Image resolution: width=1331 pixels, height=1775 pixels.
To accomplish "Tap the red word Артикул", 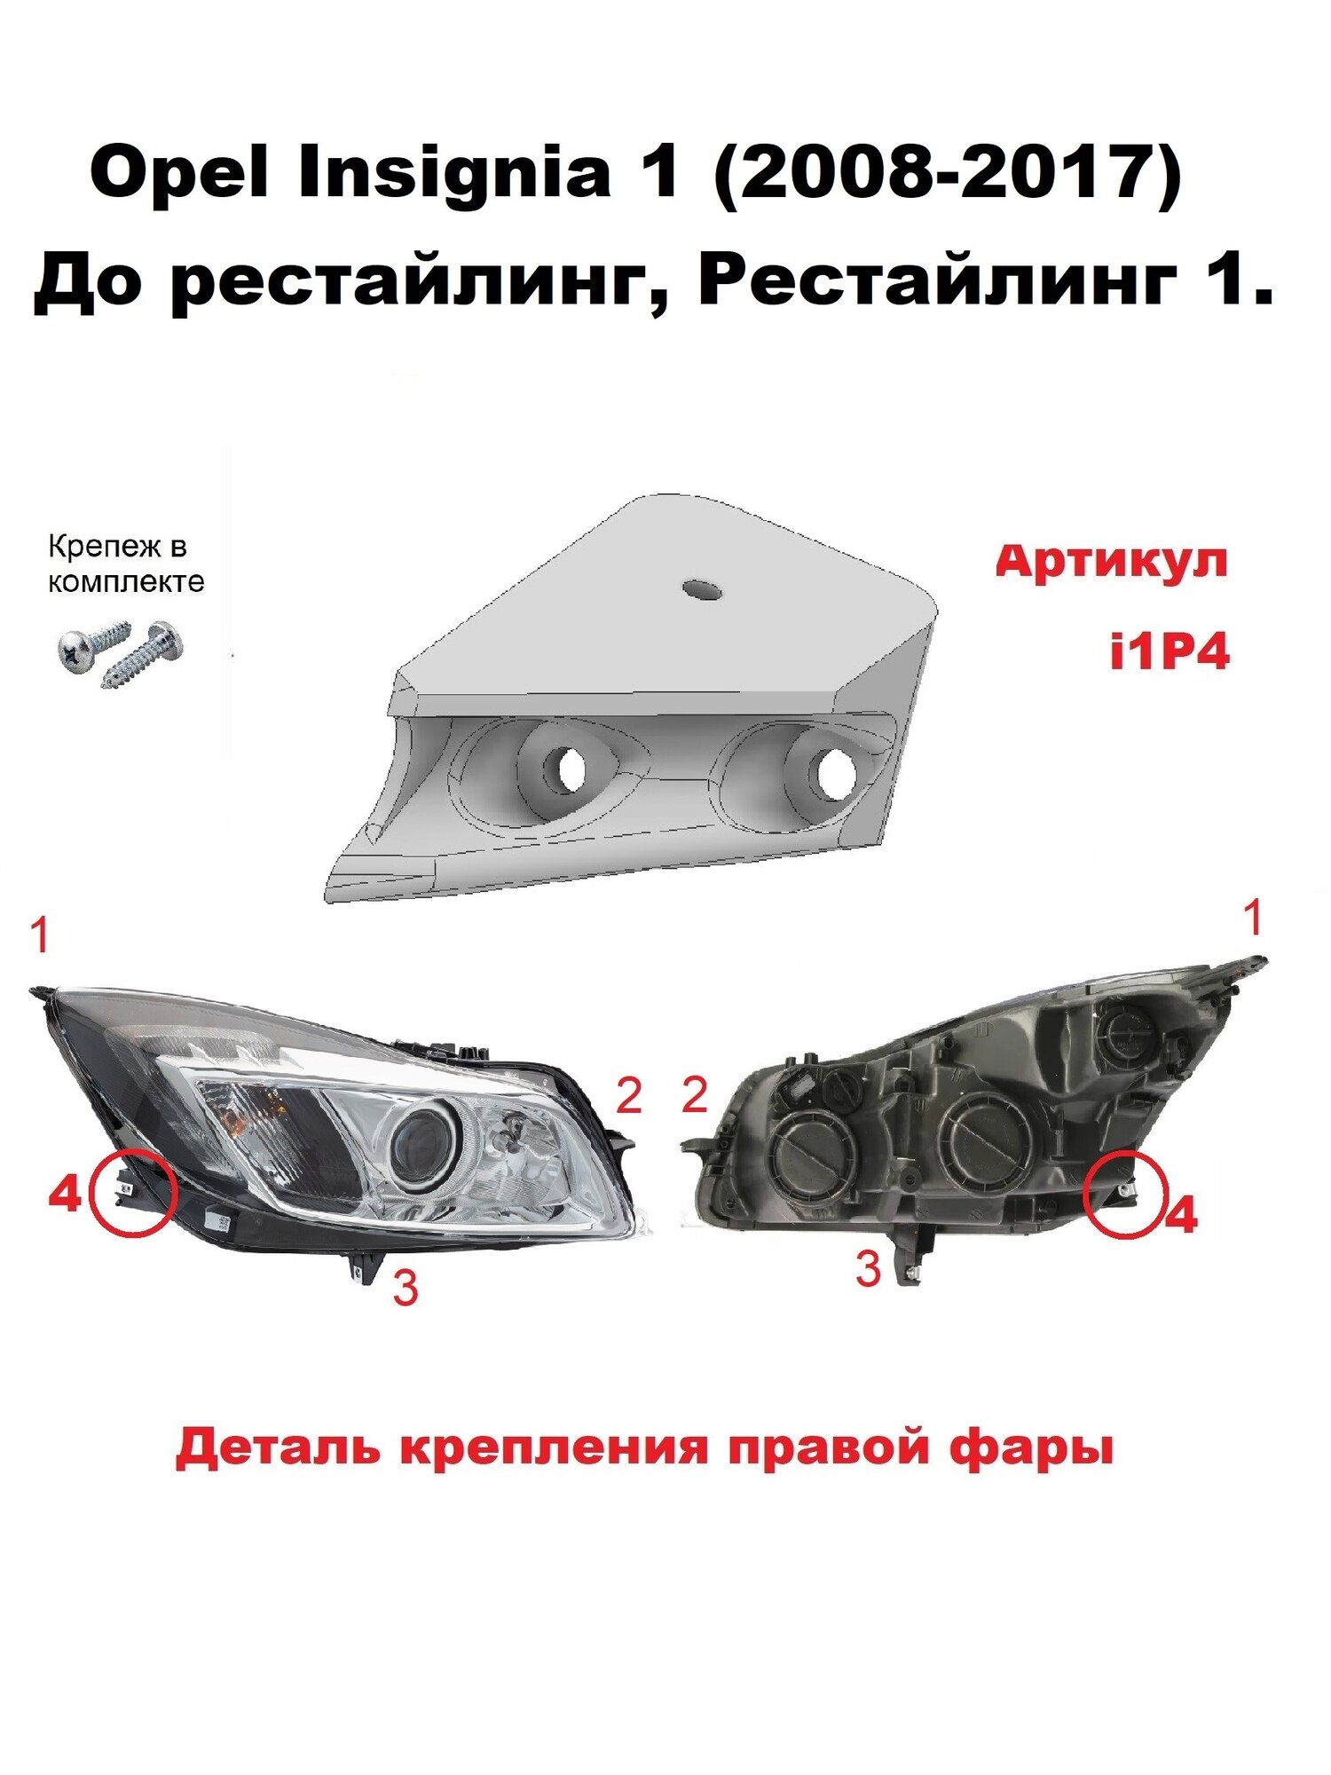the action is tap(1112, 561).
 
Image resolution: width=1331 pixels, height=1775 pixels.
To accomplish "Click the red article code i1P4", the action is tap(1170, 654).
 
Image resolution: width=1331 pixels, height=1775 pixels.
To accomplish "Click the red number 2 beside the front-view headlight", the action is tap(628, 1097).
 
